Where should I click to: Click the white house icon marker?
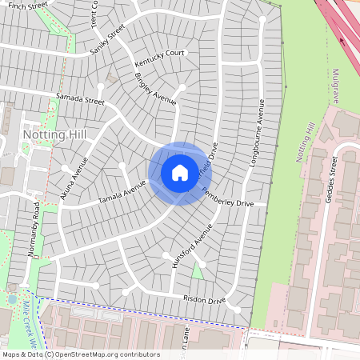tap(179, 172)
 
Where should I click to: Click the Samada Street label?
tap(80, 101)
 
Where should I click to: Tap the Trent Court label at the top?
tap(94, 13)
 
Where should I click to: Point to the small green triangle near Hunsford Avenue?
tap(197, 271)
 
